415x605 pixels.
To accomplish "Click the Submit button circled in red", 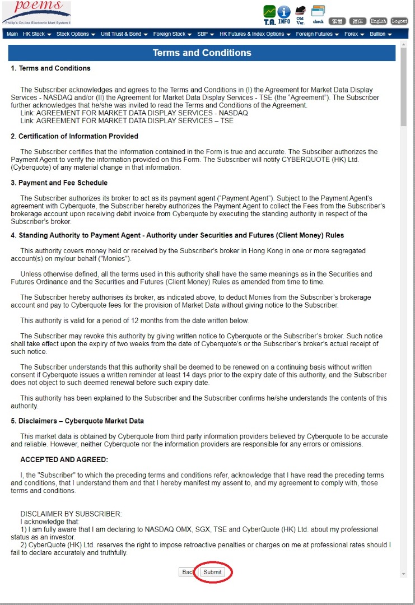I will coord(212,572).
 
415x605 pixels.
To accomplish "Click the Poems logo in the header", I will coord(36,12).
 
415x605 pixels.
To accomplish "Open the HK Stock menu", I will coord(37,34).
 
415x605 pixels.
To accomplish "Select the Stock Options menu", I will coord(76,34).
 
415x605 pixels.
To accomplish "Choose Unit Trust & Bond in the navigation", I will coord(124,34).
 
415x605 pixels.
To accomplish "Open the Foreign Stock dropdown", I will coord(172,34).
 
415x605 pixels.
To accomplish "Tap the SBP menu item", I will coord(206,34).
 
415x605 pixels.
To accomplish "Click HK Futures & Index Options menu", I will coord(255,34).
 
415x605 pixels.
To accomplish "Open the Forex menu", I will coord(355,34).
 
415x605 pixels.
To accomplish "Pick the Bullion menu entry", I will coord(381,34).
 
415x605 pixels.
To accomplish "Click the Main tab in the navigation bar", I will coord(12,34).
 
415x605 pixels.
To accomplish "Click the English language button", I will coord(379,21).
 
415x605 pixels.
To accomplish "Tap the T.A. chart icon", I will coord(269,15).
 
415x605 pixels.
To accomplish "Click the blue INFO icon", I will coord(284,15).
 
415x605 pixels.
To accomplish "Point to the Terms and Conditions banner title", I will coord(202,53).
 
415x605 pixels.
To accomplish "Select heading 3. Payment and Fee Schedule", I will coord(59,183).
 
